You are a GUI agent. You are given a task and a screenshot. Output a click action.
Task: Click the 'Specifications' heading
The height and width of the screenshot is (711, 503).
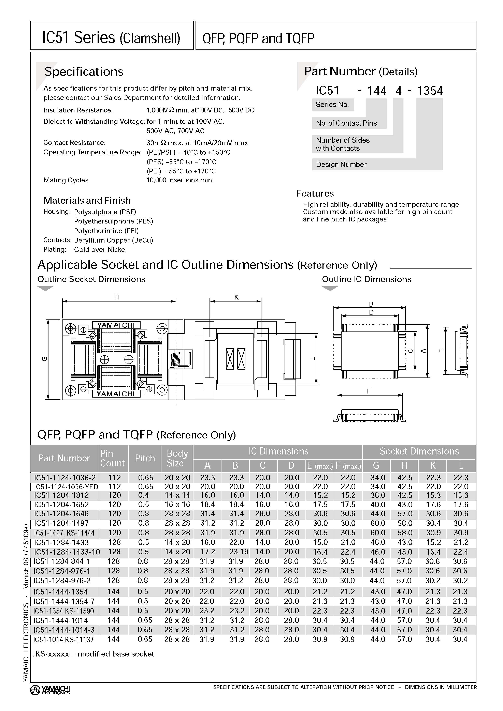click(x=84, y=72)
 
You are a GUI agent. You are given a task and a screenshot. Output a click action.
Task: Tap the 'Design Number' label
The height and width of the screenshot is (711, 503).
click(x=341, y=165)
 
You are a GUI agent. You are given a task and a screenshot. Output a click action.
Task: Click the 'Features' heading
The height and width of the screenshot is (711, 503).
click(x=315, y=194)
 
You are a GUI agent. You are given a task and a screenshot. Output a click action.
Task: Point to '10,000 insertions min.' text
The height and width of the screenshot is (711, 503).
click(x=180, y=180)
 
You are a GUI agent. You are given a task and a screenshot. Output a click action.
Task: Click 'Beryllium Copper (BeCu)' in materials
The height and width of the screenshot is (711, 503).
click(x=113, y=240)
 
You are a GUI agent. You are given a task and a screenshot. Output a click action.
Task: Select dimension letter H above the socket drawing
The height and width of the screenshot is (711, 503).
click(x=117, y=297)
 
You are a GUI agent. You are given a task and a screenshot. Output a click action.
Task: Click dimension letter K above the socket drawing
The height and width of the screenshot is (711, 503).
click(x=236, y=297)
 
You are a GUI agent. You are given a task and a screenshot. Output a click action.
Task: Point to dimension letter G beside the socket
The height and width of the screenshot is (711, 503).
click(x=45, y=359)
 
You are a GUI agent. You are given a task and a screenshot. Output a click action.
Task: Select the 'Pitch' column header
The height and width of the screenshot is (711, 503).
click(x=145, y=458)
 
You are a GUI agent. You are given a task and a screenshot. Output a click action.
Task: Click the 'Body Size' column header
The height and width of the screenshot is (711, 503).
click(x=177, y=458)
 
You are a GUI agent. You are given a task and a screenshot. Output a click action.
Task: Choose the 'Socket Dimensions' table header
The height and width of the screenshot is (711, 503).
click(x=419, y=451)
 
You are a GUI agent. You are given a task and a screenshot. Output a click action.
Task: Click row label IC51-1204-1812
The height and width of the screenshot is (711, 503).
click(x=61, y=495)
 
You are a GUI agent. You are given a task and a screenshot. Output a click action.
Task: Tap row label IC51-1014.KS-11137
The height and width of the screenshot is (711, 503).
click(x=63, y=639)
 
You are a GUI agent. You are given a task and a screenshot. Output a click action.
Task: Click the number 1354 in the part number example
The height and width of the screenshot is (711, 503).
click(x=430, y=91)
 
